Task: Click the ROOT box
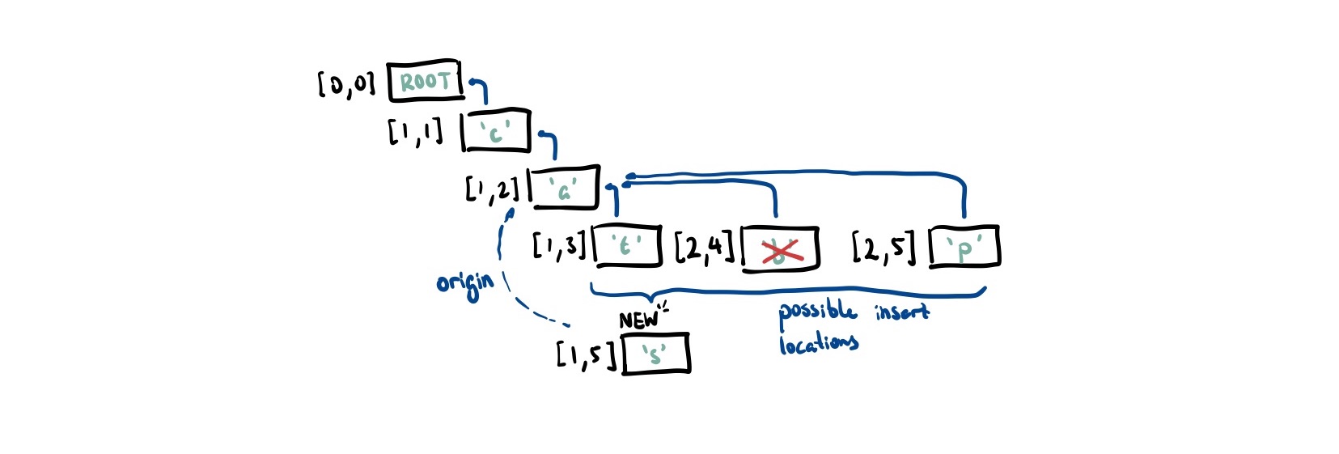425,82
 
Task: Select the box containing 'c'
496,131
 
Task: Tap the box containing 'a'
564,188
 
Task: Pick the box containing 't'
627,246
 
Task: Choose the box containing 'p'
964,247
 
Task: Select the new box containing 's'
656,354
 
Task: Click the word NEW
639,320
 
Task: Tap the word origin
464,283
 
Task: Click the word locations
818,344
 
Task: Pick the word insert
901,312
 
